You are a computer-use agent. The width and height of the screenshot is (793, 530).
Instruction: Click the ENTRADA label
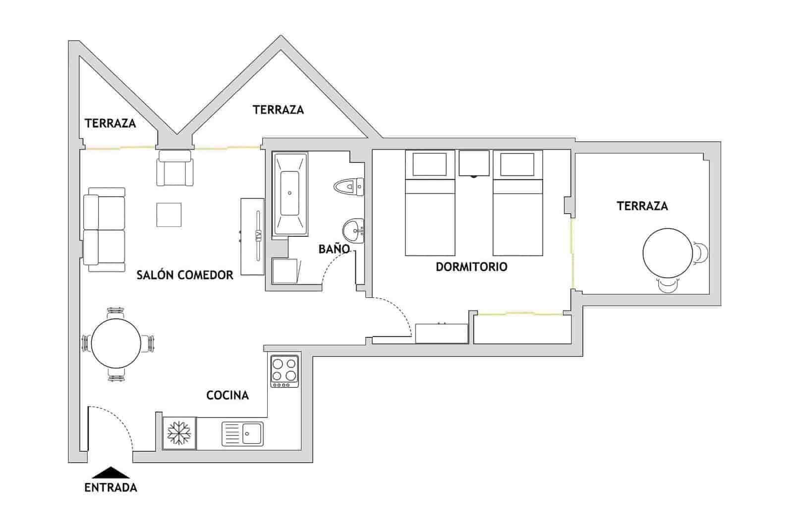[111, 487]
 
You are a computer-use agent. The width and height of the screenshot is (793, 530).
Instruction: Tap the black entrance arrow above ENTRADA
[111, 473]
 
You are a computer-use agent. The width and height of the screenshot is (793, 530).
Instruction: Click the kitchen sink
[242, 434]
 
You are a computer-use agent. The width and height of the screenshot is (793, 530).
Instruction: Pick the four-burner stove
[285, 371]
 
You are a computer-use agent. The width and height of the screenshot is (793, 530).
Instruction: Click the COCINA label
[227, 395]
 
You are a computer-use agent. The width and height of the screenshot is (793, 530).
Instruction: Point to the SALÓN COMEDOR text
[185, 275]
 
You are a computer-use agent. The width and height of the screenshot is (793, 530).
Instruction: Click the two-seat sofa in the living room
[104, 230]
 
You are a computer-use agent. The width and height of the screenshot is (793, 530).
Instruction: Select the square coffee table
[169, 214]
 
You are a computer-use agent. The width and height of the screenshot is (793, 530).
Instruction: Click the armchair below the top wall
[174, 168]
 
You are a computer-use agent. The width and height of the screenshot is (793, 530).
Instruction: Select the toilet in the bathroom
[348, 187]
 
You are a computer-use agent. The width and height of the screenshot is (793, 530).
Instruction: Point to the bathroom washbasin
[353, 230]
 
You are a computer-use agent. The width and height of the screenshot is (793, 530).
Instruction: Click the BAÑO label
[334, 249]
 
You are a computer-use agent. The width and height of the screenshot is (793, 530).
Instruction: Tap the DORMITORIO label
[471, 266]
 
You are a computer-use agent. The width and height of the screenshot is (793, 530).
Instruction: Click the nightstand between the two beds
[474, 163]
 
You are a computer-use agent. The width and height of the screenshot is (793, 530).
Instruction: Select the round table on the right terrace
[667, 253]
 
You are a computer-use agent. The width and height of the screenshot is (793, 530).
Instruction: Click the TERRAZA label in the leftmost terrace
[110, 123]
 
